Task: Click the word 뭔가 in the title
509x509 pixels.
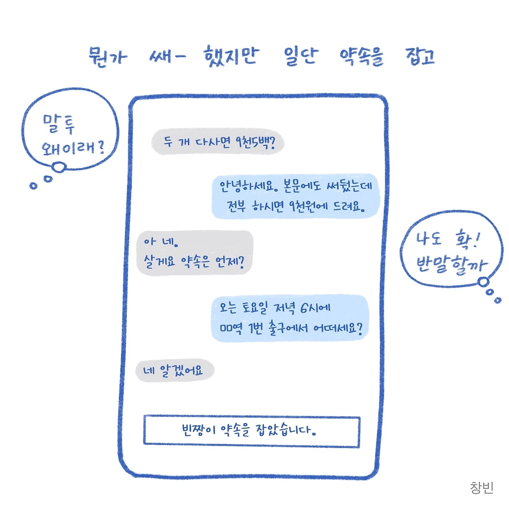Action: tap(107, 57)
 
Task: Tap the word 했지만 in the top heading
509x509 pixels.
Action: tap(231, 57)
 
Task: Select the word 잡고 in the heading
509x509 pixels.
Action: tap(420, 57)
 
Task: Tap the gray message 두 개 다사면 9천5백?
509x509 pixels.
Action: tap(218, 142)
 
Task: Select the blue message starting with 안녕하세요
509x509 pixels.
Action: tap(295, 196)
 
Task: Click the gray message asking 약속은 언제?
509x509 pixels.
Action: tap(194, 252)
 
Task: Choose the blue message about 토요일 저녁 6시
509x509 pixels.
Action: tap(290, 318)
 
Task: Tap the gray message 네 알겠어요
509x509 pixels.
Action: tap(175, 371)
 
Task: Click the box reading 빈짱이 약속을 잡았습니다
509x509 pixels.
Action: tap(251, 431)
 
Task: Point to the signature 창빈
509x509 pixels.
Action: tap(482, 487)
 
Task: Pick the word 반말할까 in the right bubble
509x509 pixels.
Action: tap(451, 264)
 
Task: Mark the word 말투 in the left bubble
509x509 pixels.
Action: tap(58, 124)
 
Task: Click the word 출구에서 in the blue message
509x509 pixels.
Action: tap(288, 329)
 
